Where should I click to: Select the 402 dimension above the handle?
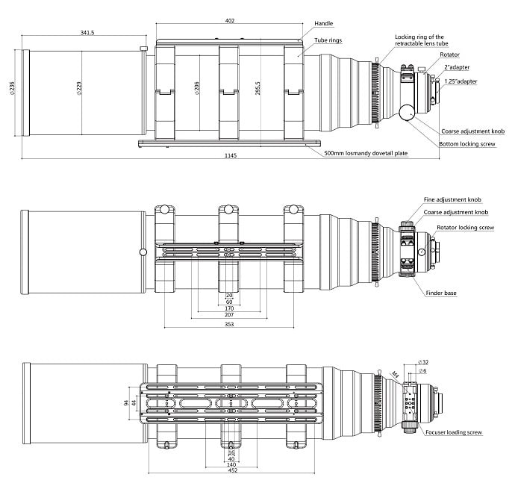229,20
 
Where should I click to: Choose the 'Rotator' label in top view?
450,55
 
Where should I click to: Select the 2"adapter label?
455,67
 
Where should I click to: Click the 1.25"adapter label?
461,81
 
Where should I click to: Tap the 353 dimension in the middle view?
229,325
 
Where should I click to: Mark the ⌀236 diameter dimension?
10,90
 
